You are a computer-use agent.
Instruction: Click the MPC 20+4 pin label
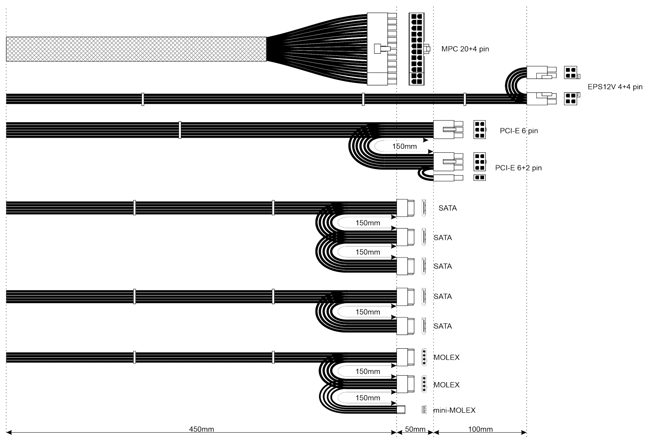(465, 49)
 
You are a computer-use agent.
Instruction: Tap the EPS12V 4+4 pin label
(615, 87)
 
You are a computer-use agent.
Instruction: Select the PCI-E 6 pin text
(519, 131)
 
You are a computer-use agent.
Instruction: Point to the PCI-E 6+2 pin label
(518, 167)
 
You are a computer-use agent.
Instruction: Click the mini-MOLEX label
(454, 410)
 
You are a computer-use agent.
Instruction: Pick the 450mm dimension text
(201, 429)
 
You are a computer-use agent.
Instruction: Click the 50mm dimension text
(415, 429)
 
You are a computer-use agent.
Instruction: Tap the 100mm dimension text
(480, 429)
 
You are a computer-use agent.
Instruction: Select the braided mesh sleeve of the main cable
(136, 49)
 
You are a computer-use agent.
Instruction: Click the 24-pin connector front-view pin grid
(416, 49)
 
